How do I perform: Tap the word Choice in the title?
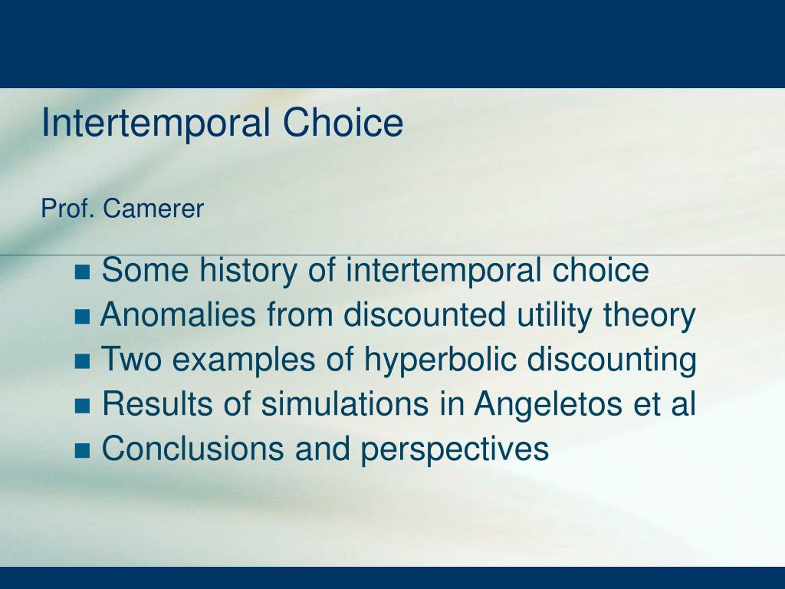point(343,122)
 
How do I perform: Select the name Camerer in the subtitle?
point(153,209)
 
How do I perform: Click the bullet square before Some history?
point(83,272)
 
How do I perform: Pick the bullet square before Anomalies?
point(83,317)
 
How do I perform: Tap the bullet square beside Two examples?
point(83,361)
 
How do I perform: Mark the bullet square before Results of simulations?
point(83,406)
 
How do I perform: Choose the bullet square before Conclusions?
point(83,450)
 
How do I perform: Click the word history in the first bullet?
point(248,271)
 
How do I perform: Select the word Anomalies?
point(178,314)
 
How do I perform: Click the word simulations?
point(345,403)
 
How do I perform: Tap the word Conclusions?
point(192,448)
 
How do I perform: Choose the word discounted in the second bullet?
point(425,314)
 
